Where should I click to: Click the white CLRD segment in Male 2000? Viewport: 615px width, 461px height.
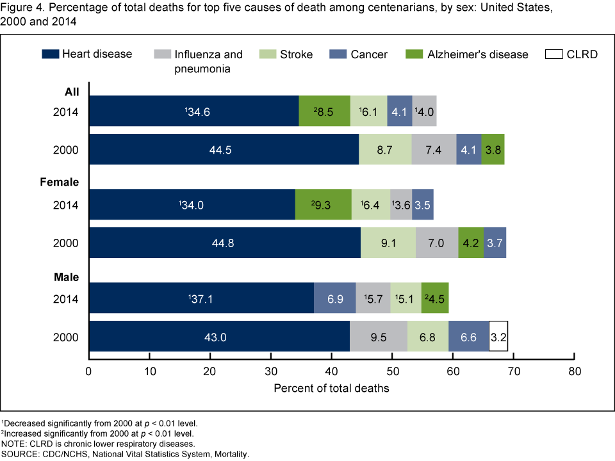[x=498, y=337]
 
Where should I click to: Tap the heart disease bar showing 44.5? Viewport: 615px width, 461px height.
[x=224, y=149]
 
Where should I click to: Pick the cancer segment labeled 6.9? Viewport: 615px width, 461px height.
[x=334, y=298]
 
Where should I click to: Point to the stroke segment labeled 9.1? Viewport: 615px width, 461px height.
[x=388, y=243]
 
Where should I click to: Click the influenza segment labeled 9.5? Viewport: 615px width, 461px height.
[x=381, y=337]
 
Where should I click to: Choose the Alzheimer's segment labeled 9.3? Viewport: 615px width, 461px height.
[x=324, y=205]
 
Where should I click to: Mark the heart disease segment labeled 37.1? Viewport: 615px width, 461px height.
[x=201, y=298]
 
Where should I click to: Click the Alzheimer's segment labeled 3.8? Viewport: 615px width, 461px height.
[x=493, y=149]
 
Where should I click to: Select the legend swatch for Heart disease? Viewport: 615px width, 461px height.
[x=51, y=54]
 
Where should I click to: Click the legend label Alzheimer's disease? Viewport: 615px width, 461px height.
[x=478, y=54]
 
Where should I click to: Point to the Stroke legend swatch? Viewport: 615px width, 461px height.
[x=268, y=54]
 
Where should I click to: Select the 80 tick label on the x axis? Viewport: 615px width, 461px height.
[x=575, y=372]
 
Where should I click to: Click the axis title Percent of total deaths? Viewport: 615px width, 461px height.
[x=331, y=388]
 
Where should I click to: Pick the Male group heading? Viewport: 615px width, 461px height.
[x=67, y=277]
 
